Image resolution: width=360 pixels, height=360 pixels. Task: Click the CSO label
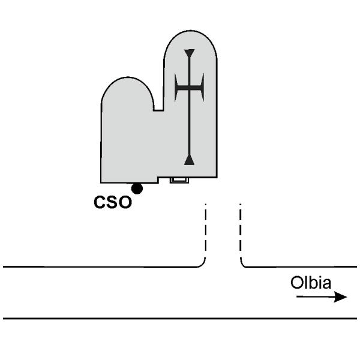113,202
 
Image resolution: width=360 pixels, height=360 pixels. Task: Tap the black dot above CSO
137,188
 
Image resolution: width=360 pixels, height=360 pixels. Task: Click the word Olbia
311,283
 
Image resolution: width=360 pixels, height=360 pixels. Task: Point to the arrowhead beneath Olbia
340,297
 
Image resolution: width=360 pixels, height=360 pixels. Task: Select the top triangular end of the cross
190,53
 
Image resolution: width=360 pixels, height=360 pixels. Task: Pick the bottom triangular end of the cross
190,160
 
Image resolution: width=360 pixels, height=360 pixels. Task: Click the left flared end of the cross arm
176,88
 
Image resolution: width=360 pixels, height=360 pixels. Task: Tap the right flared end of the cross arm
203,88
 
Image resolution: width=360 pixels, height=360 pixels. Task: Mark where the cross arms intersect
190,88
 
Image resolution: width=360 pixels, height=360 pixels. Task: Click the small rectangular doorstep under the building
179,180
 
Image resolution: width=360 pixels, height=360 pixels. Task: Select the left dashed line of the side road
205,231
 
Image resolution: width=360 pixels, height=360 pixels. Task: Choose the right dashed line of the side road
241,231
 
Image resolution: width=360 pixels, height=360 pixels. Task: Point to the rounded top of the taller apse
190,31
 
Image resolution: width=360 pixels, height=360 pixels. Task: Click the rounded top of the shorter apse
128,77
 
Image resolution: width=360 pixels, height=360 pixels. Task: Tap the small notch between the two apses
158,110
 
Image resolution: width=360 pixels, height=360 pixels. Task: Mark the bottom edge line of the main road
180,319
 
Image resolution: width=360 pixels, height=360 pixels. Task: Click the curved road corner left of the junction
202,264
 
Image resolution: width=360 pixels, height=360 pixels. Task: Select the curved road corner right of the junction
244,264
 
